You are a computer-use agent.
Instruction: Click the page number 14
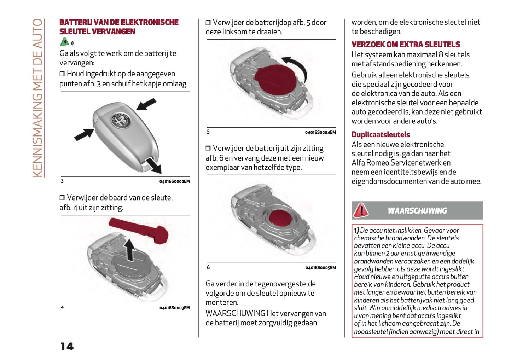click(x=67, y=346)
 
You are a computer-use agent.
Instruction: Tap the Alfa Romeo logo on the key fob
click(x=121, y=121)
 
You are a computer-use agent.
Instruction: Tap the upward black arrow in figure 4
click(x=130, y=249)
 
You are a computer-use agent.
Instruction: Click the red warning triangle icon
click(x=361, y=210)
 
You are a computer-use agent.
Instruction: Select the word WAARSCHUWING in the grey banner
click(x=417, y=211)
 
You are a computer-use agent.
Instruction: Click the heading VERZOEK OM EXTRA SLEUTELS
click(x=406, y=45)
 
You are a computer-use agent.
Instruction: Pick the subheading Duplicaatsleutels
click(x=381, y=135)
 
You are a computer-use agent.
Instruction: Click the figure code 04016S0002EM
click(x=174, y=181)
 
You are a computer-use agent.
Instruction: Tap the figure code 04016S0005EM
click(x=320, y=268)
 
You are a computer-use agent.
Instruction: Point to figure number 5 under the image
click(x=208, y=132)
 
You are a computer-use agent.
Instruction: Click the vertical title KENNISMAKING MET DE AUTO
click(x=37, y=98)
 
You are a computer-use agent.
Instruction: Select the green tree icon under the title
click(x=64, y=42)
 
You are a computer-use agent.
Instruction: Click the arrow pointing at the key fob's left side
click(x=84, y=135)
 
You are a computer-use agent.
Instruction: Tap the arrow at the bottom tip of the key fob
click(x=154, y=165)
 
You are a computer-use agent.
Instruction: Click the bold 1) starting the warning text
click(x=356, y=230)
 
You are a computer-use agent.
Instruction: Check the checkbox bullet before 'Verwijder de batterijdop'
click(x=208, y=23)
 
